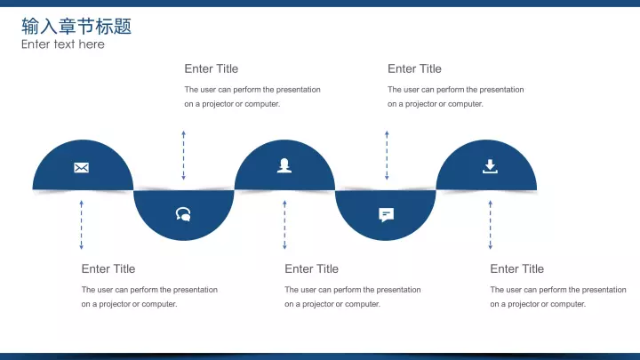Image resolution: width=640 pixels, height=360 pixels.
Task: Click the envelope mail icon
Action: coord(81,167)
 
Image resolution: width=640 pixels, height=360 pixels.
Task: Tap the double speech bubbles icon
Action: coord(183,214)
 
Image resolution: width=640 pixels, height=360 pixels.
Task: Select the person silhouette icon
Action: coord(284,165)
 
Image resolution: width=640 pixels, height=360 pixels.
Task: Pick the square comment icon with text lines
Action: coord(386,215)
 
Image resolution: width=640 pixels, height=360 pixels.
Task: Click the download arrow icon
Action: coord(490,166)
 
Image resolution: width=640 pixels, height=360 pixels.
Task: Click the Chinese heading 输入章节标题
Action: coord(76,27)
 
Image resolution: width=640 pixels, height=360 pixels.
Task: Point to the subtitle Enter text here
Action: coord(63,44)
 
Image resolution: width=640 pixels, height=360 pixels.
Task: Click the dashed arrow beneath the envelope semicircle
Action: coord(81,225)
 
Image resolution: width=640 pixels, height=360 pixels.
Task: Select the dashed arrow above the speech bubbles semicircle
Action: coord(184,156)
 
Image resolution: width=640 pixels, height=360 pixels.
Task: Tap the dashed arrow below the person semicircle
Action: coord(284,225)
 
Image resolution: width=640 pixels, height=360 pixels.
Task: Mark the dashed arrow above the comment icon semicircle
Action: coord(387,156)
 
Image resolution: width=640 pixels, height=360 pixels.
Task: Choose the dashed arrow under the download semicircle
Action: coord(490,225)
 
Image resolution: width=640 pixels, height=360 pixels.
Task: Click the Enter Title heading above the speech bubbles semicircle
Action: coord(211,68)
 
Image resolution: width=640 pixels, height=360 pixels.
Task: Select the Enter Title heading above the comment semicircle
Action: coord(414,68)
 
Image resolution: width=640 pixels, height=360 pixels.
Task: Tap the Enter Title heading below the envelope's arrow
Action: coord(108,268)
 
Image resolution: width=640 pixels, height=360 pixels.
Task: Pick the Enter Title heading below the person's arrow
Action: coord(311,268)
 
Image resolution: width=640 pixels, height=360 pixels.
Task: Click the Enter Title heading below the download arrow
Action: coord(516,268)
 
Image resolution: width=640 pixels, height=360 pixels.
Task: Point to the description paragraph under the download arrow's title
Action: coord(558,297)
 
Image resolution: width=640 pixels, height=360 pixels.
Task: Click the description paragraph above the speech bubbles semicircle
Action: coord(252,97)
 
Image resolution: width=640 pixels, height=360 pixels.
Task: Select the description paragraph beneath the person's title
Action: coord(353,297)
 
